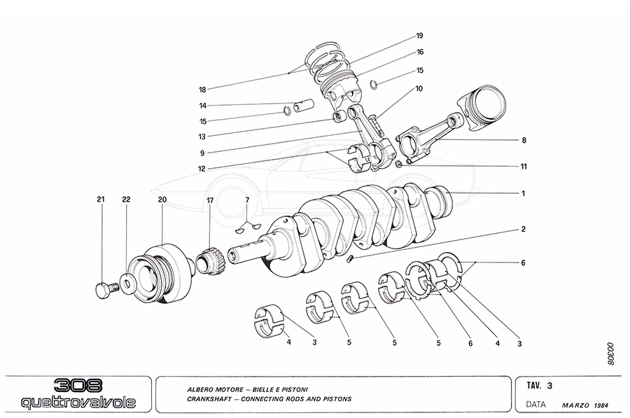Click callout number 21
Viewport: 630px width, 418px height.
pyautogui.click(x=100, y=200)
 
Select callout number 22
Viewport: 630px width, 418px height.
pyautogui.click(x=126, y=200)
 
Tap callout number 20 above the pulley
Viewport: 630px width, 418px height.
pyautogui.click(x=162, y=200)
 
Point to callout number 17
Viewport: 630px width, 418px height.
pyautogui.click(x=209, y=201)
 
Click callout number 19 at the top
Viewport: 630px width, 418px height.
pyautogui.click(x=419, y=36)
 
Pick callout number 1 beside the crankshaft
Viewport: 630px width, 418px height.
pyautogui.click(x=522, y=193)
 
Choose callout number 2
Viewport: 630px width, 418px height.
pyautogui.click(x=522, y=229)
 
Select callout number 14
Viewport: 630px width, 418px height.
pyautogui.click(x=202, y=106)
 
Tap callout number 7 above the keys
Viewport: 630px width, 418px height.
pyautogui.click(x=247, y=201)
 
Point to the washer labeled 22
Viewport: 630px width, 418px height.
pyautogui.click(x=127, y=283)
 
